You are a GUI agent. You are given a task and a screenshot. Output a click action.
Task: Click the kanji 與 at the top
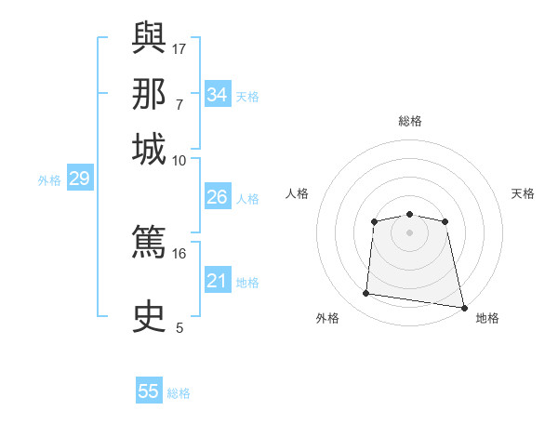[149, 37]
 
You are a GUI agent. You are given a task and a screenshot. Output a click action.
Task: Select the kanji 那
[149, 94]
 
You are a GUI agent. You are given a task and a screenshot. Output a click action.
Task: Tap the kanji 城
[149, 149]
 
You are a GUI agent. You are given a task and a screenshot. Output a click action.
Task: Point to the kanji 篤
[149, 241]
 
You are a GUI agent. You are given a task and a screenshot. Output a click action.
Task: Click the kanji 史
[149, 316]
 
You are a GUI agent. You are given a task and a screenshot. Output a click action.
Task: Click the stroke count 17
[179, 49]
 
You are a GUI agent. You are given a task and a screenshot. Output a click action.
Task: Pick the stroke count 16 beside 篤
[179, 254]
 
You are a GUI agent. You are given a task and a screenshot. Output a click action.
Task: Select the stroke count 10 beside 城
[179, 161]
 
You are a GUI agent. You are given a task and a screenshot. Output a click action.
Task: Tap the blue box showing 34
[218, 94]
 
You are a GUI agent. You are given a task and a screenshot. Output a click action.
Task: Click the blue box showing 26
[218, 196]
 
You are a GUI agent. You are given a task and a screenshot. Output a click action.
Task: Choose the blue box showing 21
[218, 279]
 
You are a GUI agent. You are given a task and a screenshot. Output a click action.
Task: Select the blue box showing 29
[80, 178]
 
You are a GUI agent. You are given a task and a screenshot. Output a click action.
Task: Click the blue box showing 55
[149, 390]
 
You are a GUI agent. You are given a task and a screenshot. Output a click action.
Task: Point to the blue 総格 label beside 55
[179, 393]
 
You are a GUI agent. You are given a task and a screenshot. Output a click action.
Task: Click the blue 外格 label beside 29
[49, 180]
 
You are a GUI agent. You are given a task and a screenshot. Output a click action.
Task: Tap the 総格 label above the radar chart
[410, 121]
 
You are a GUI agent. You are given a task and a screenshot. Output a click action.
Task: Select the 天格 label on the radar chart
[523, 193]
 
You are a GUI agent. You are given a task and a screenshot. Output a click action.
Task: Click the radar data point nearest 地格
[464, 308]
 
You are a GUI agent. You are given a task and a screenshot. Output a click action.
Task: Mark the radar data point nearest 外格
[365, 293]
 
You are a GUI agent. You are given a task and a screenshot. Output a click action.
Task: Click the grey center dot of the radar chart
[409, 233]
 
